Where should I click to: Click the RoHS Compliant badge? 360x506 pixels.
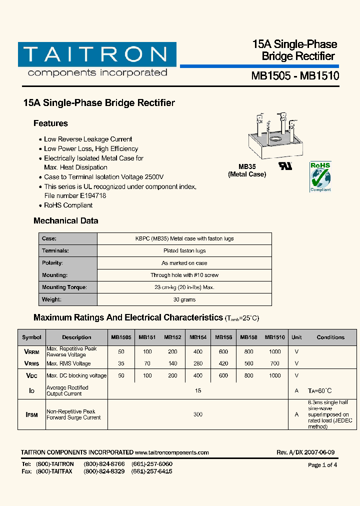pos(320,176)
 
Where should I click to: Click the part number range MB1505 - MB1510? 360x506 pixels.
pos(295,76)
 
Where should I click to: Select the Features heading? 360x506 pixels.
pos(50,123)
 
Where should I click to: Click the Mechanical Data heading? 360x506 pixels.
pos(65,220)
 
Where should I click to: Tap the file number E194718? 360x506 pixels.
pos(91,195)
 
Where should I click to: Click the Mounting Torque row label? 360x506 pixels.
pos(64,287)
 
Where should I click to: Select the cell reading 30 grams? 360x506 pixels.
pos(184,299)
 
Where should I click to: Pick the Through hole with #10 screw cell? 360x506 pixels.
pos(184,275)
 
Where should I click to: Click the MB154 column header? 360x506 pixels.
pos(198,337)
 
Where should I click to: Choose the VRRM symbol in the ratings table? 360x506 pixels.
pos(31,351)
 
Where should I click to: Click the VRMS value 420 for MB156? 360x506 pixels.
pos(223,363)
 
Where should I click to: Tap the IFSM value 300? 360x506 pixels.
pos(198,414)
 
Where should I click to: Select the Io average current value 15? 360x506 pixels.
pos(198,390)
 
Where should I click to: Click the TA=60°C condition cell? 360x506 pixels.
pos(320,390)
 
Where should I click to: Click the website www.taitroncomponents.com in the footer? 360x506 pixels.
pos(171,452)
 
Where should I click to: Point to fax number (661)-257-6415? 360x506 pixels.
pos(152,471)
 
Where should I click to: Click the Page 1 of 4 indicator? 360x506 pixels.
pos(322,465)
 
